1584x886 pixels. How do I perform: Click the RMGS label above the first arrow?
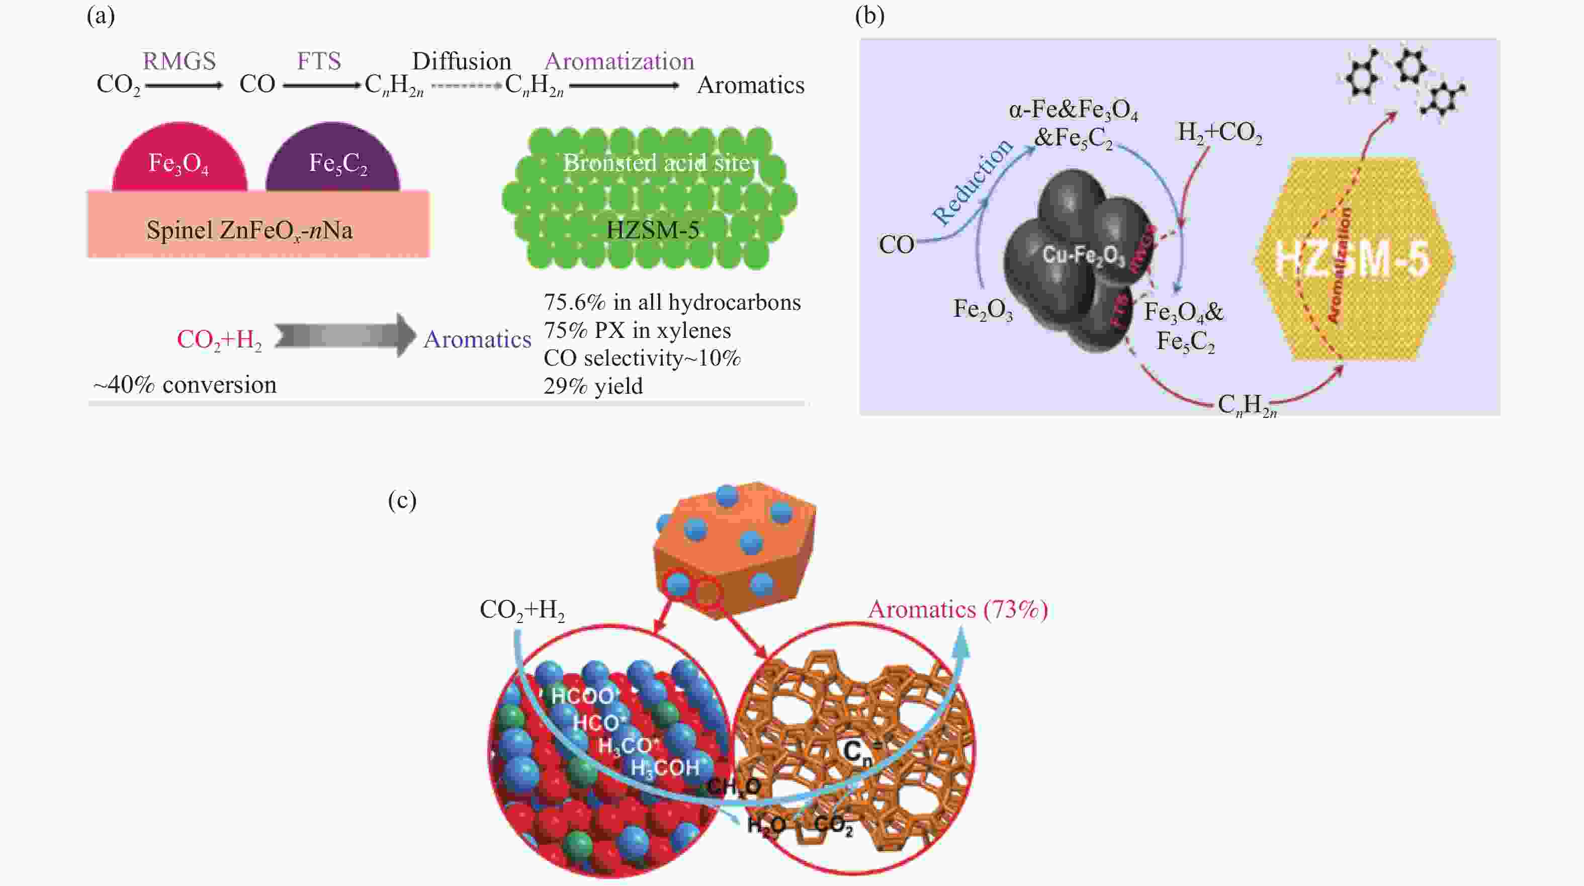tap(179, 61)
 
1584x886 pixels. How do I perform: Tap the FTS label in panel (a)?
tap(318, 61)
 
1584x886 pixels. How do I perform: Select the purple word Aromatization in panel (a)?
tap(619, 61)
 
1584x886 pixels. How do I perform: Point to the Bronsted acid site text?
tap(657, 163)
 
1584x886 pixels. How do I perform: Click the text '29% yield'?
tap(593, 386)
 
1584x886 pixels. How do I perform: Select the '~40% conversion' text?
tap(185, 385)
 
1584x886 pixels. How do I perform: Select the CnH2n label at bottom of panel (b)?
tap(1247, 405)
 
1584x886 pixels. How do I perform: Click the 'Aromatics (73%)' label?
tap(957, 609)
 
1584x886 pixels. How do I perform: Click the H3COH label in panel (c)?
tap(665, 768)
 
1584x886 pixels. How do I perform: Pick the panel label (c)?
tap(402, 500)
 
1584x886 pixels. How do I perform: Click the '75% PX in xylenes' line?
tap(637, 331)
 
